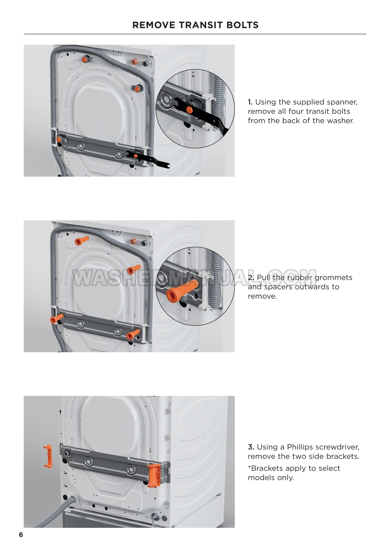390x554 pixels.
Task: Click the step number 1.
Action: (x=250, y=102)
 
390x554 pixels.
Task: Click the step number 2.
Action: (x=251, y=278)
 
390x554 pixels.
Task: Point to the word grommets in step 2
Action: (x=333, y=278)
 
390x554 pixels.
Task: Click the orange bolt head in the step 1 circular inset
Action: (x=189, y=110)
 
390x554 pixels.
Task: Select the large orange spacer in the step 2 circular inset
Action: (x=180, y=290)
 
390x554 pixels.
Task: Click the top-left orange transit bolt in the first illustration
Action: (x=85, y=59)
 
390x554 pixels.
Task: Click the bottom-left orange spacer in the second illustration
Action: (x=57, y=318)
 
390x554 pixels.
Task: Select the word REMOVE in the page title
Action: (x=153, y=25)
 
